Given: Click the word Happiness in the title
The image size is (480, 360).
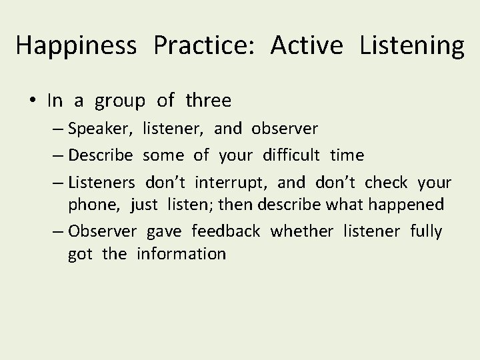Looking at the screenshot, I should click(x=77, y=45).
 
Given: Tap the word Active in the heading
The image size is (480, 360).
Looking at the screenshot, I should click(x=307, y=45).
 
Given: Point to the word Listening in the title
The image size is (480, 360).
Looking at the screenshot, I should click(x=411, y=45).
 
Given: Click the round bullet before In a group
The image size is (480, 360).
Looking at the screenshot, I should click(x=33, y=101).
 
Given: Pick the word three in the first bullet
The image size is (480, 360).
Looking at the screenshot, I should click(x=209, y=101).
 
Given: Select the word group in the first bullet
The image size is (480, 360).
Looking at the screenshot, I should click(x=120, y=101).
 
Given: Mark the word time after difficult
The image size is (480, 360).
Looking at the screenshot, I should click(x=347, y=155).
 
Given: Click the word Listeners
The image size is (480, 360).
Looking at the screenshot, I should click(x=101, y=183).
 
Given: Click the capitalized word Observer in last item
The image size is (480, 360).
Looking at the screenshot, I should click(x=102, y=231).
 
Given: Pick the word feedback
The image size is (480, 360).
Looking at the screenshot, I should click(x=225, y=231).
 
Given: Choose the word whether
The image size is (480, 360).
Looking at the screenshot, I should click(x=302, y=231).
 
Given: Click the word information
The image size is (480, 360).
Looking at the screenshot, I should click(x=181, y=254).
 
